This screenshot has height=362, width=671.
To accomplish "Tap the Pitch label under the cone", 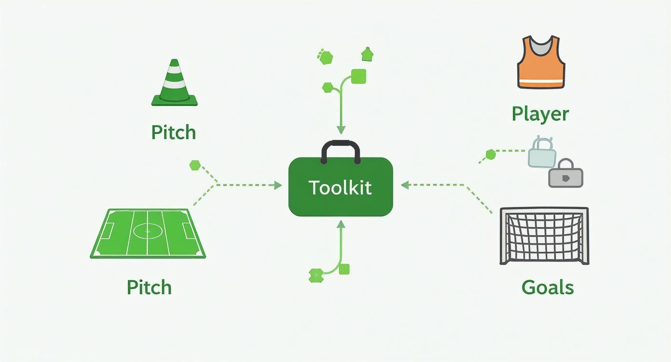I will (174, 132).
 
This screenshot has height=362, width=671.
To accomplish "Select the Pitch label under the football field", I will (149, 287).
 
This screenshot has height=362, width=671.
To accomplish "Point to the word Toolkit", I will (340, 187).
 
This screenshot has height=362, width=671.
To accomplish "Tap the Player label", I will (540, 114).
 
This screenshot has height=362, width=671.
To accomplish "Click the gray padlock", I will (566, 174).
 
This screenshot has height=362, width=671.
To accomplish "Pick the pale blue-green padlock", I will (542, 153).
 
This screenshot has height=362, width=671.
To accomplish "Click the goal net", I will (544, 236).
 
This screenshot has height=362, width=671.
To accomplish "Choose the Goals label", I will (548, 287).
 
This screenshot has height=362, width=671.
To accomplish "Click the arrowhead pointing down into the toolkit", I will (341, 130).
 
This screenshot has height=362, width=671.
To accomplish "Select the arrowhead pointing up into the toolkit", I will (341, 224).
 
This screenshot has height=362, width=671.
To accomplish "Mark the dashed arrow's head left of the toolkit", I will (278, 185).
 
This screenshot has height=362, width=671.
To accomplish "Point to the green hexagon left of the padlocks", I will (491, 155).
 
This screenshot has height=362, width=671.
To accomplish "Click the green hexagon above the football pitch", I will (195, 165).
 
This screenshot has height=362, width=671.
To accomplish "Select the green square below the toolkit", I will (344, 269).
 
